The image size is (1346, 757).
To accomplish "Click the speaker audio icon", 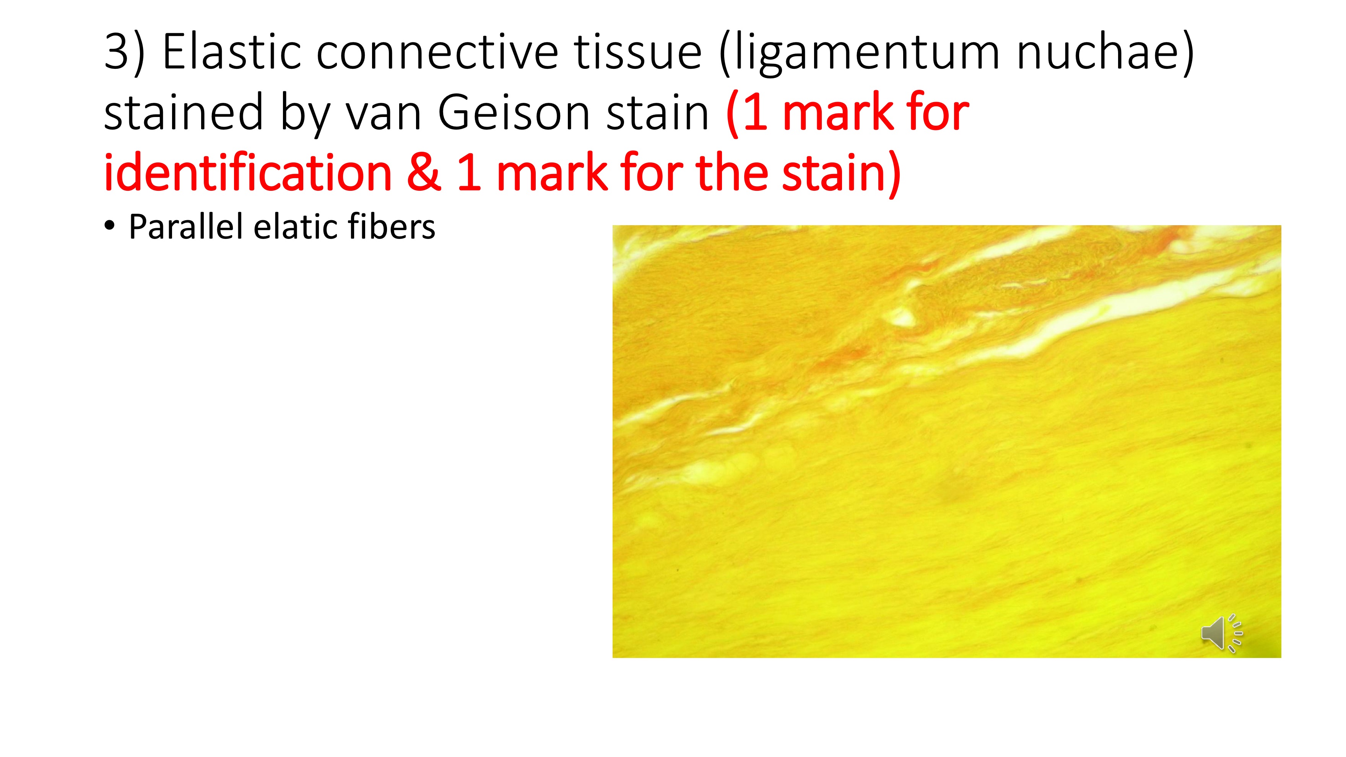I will click(1221, 633).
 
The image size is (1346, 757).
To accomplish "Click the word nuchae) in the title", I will click(1105, 52).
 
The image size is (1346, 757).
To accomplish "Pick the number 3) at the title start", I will click(124, 52).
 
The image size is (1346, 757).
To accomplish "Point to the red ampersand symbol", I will click(423, 173).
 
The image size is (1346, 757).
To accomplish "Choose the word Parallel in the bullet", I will click(185, 227).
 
